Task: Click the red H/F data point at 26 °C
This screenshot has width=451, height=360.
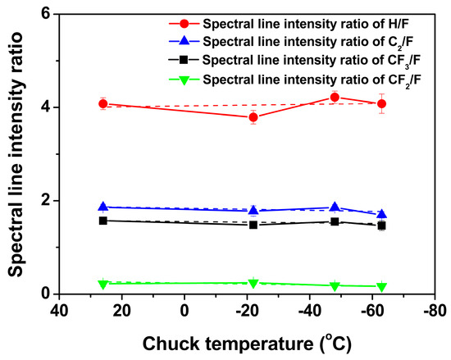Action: [x=103, y=104]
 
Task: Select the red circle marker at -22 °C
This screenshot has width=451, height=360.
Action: [x=253, y=117]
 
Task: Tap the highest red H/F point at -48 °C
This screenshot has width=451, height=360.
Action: [x=335, y=98]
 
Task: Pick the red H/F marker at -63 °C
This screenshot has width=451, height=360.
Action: [x=381, y=104]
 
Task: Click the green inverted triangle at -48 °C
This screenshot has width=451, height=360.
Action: [x=335, y=285]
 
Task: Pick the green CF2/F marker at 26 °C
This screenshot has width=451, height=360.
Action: [x=103, y=284]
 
